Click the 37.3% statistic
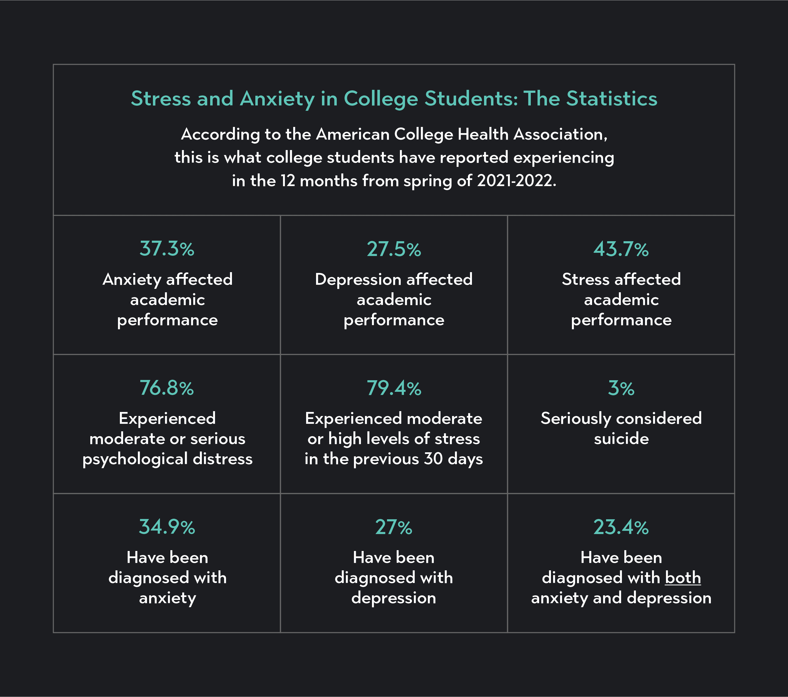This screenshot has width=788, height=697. tap(167, 249)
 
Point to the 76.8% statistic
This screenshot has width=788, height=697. tap(167, 388)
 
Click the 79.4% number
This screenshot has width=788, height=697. tap(394, 388)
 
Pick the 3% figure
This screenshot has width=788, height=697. tap(621, 388)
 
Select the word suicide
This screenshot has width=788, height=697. tap(621, 439)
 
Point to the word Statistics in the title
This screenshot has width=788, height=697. tap(611, 98)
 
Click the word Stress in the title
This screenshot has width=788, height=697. tap(161, 98)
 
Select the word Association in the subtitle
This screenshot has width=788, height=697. tap(560, 134)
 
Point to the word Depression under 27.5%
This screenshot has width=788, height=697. tap(358, 280)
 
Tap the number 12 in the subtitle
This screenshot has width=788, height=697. tap(287, 180)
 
